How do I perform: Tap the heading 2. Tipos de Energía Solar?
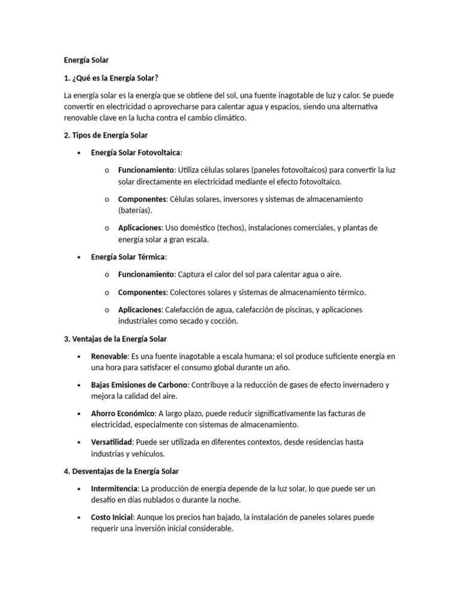[105, 135]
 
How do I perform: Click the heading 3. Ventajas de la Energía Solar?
[115, 339]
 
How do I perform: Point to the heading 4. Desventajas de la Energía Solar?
[121, 471]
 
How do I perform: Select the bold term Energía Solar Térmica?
[128, 257]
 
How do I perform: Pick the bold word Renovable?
[109, 356]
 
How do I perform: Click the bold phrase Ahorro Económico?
[123, 413]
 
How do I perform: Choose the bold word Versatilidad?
[111, 442]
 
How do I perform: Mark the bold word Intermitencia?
[115, 488]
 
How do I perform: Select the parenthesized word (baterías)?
[135, 210]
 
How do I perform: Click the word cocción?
[223, 321]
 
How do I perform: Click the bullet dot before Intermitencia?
[79, 489]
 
